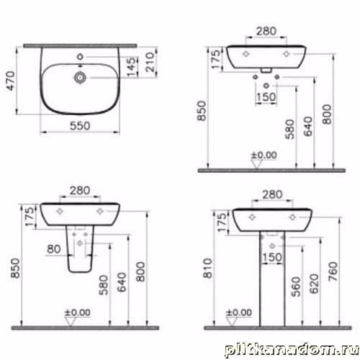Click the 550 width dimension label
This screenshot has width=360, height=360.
[80, 126]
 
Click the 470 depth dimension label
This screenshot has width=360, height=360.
[11, 81]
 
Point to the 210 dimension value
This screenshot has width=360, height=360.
[150, 62]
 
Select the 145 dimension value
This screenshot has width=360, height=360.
[131, 67]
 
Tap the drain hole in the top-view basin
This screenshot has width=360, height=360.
[80, 77]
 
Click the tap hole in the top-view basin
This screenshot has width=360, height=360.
[80, 57]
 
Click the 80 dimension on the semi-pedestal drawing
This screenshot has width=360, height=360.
[54, 249]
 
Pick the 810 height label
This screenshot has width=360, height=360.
[208, 268]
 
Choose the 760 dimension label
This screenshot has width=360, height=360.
[333, 271]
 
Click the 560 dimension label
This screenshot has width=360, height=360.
[296, 287]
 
